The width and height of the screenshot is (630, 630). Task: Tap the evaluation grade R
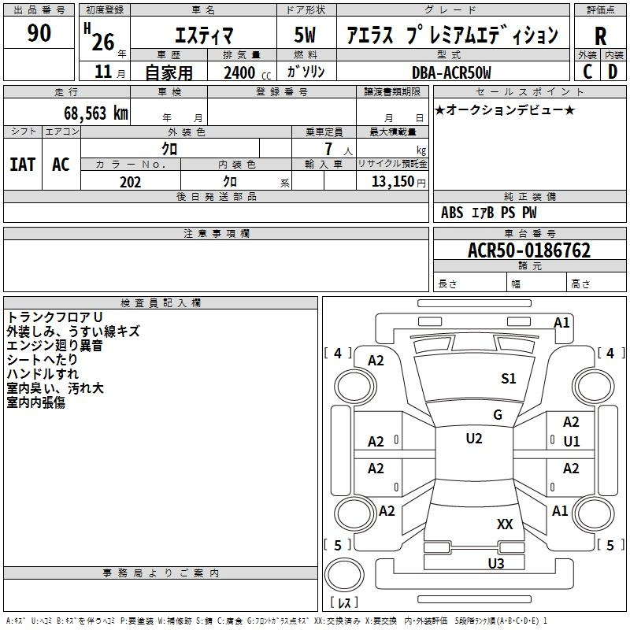click(x=600, y=35)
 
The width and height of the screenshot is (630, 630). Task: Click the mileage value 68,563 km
click(x=95, y=113)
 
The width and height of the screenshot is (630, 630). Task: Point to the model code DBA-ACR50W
click(x=450, y=72)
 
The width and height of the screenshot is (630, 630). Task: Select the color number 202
click(x=130, y=182)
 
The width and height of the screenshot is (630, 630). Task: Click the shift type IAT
click(x=22, y=165)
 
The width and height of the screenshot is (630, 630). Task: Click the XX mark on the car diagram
click(x=505, y=524)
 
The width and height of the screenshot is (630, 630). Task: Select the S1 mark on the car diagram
click(x=509, y=379)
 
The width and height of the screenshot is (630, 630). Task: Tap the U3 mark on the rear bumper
click(x=495, y=563)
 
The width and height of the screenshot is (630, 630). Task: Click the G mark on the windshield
click(x=497, y=415)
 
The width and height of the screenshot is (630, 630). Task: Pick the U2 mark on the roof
click(x=473, y=439)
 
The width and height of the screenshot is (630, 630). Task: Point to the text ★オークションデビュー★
click(x=505, y=109)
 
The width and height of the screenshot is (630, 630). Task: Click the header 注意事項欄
click(x=217, y=234)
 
